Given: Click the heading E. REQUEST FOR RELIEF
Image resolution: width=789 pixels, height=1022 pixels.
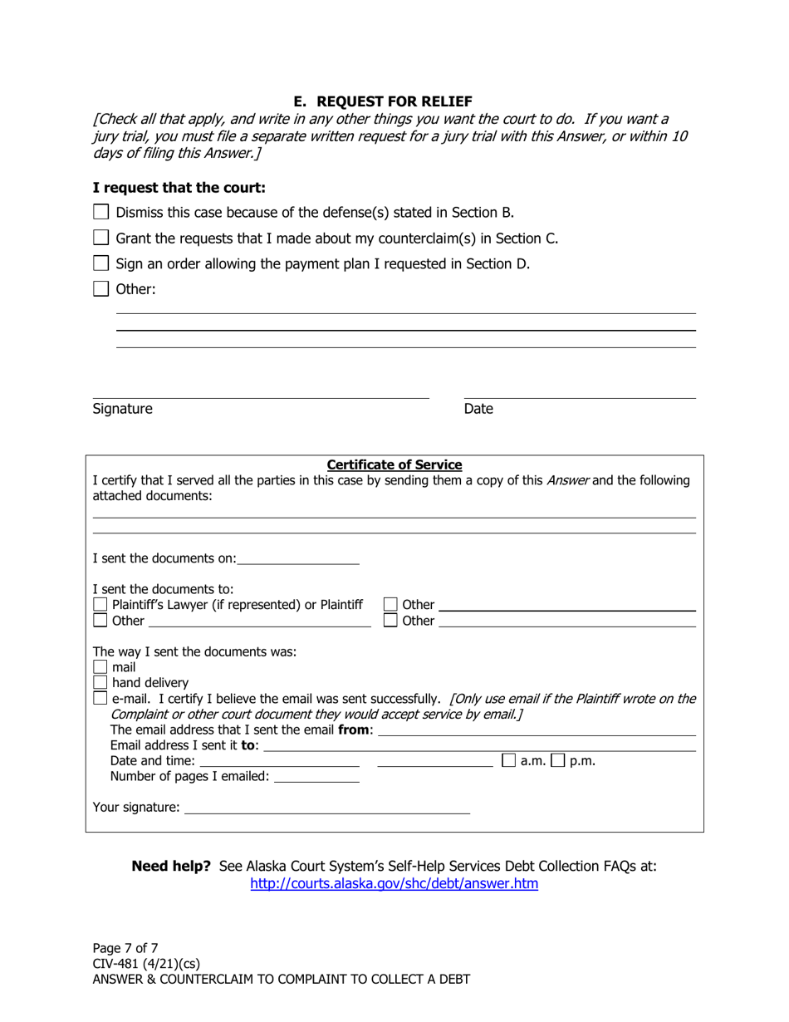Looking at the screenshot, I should pos(394,101).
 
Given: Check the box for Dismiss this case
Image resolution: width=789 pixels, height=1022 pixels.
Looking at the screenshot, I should pos(100,212).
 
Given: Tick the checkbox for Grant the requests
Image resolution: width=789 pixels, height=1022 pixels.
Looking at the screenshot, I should pos(100,238).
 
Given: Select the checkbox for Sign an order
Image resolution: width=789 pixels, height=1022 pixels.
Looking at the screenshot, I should pos(100,263).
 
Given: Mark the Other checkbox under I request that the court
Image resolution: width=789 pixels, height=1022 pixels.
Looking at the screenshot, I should pos(100,289).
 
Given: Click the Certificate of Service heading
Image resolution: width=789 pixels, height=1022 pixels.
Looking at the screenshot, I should pos(394,464).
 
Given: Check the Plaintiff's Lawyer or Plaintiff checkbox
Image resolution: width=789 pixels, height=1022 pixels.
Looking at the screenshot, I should pos(100,604).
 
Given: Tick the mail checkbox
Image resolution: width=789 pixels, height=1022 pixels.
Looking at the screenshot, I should pos(100,666).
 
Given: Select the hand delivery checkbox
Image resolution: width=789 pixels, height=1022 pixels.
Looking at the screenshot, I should pos(100,682).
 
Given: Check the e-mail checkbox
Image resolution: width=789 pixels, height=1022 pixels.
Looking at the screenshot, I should pos(100,698).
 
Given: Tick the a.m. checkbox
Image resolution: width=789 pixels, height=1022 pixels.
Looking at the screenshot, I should pos(508,760).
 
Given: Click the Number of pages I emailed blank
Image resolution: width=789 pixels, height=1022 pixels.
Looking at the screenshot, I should pos(316,777).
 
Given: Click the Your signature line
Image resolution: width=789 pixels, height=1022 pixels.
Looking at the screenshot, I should pos(326,807).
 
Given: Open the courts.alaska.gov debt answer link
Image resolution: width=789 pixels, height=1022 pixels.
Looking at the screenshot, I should pos(394,884).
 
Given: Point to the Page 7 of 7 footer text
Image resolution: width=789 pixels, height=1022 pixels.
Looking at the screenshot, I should pos(125,948).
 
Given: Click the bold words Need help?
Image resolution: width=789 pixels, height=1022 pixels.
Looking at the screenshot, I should pos(171,866).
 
